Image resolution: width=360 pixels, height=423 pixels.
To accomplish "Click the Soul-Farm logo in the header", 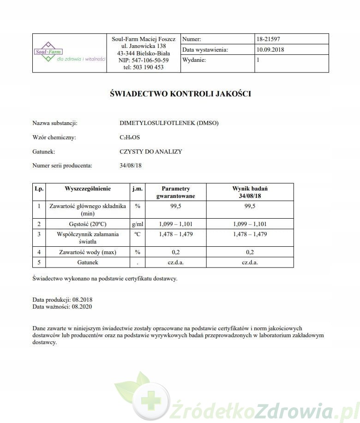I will click(x=69, y=53).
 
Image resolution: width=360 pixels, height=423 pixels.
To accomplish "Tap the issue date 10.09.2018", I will click(x=271, y=50).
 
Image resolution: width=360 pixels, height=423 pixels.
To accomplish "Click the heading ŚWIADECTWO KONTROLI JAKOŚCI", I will click(x=180, y=94).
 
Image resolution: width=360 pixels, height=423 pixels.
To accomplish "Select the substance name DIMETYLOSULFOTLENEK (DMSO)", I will click(x=169, y=123).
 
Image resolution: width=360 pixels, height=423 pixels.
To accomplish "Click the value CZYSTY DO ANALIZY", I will click(x=150, y=151).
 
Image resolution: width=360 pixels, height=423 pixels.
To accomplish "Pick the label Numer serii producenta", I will click(x=62, y=165).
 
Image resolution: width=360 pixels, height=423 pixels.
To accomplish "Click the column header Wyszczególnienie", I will click(x=88, y=189).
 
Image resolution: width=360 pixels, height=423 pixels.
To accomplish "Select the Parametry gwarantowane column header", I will click(x=175, y=192).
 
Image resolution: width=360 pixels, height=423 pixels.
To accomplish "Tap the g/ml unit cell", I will click(x=137, y=224).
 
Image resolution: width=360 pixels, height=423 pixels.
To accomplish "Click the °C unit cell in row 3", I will click(x=137, y=234).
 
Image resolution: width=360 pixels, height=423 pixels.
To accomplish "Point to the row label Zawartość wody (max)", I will click(x=88, y=252).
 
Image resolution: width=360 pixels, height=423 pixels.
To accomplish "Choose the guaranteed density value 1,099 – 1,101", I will click(x=175, y=224).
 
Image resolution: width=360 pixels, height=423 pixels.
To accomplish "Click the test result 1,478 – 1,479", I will click(x=250, y=234).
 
